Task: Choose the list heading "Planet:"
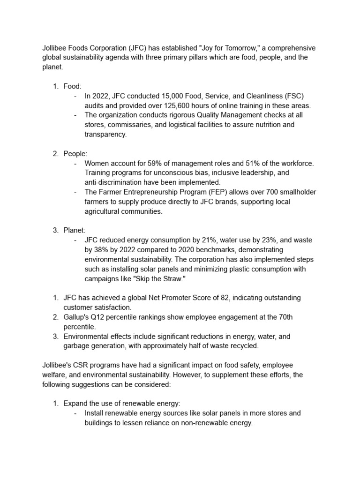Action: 74,231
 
